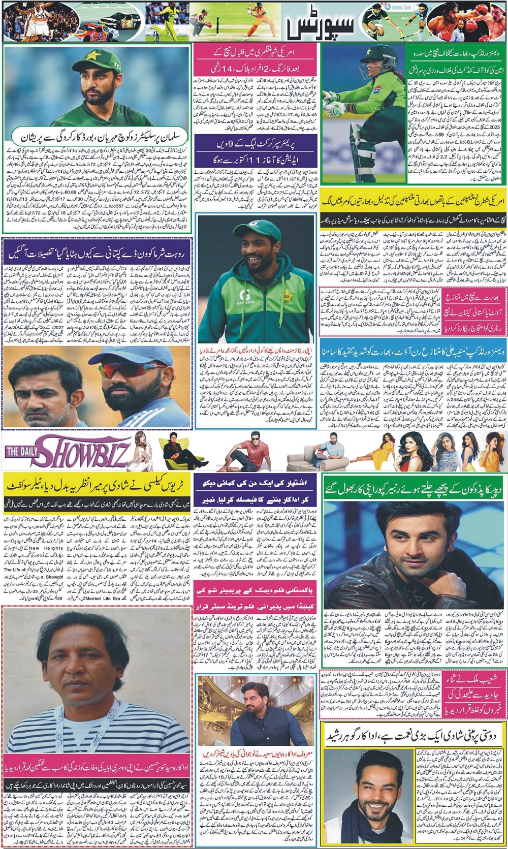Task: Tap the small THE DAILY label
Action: coord(19,451)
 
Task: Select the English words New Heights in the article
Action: coord(46,548)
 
